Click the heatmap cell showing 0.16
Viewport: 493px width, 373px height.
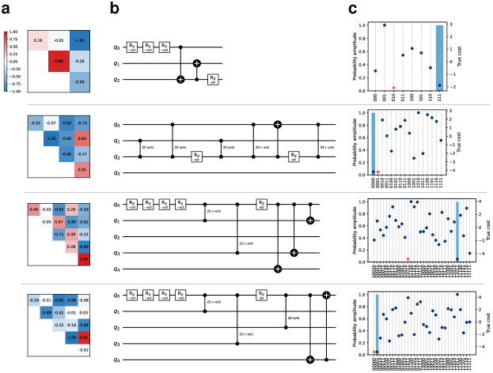36,38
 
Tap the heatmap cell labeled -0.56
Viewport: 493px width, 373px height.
79,81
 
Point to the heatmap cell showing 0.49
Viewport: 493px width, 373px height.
34,209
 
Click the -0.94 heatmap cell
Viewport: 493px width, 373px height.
81,247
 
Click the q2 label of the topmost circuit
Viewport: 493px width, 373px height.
117,79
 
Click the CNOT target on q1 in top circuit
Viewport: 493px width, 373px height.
198,62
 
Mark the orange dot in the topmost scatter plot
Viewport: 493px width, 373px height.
393,88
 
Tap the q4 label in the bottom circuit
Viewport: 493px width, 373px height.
117,360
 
